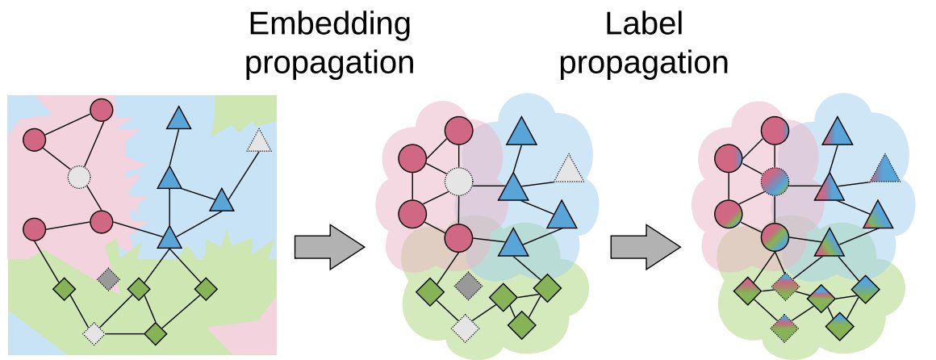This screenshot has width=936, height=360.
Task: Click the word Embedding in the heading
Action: (329, 26)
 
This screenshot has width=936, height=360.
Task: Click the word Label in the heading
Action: (643, 26)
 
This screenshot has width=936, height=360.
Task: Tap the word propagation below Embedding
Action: (329, 64)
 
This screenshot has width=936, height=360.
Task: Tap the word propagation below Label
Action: (643, 64)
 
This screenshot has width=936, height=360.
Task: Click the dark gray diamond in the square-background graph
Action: (108, 280)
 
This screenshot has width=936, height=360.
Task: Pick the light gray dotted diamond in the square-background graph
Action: (94, 333)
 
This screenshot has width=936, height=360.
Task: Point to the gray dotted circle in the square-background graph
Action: (78, 175)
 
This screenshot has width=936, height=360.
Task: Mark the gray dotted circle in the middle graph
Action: (458, 182)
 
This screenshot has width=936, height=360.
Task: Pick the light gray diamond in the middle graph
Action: (466, 327)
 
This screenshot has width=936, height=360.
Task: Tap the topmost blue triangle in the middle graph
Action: (520, 132)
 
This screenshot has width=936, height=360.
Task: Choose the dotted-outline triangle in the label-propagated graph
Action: (885, 170)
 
